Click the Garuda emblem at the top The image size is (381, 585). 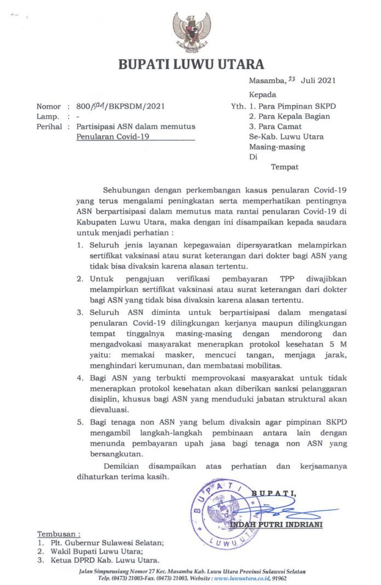click(191, 31)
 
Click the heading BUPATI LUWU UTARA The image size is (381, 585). click(191, 65)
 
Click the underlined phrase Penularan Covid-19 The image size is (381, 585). click(113, 136)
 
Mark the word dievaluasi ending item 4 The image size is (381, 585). click(110, 408)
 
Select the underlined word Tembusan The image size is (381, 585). click(59, 534)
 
